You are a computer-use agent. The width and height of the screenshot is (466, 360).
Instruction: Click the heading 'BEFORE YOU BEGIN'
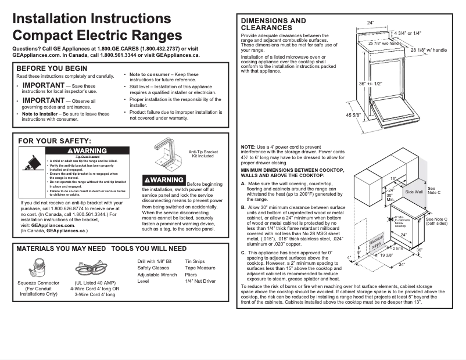tap(52, 68)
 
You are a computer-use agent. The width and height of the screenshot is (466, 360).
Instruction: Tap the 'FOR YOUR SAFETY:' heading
tap(55, 141)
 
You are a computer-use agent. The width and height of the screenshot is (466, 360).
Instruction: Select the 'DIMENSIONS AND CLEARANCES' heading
tap(273, 24)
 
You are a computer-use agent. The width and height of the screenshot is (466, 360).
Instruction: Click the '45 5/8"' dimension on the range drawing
tap(353, 116)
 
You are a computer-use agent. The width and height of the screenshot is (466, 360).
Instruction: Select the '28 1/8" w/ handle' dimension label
tap(429, 51)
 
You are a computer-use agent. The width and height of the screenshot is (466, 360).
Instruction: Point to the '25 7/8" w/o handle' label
tap(385, 44)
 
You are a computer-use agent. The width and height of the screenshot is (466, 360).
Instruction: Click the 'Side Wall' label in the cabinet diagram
tap(414, 192)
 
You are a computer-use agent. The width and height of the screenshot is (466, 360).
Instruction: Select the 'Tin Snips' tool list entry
tap(195, 262)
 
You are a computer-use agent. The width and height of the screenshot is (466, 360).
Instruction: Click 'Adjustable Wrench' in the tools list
tap(157, 275)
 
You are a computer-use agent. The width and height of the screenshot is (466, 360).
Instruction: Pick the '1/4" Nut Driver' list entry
tap(200, 281)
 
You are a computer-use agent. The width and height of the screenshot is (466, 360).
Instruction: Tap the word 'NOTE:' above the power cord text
tap(248, 147)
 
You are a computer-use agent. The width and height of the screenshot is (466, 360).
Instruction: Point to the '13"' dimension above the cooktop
tap(393, 178)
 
